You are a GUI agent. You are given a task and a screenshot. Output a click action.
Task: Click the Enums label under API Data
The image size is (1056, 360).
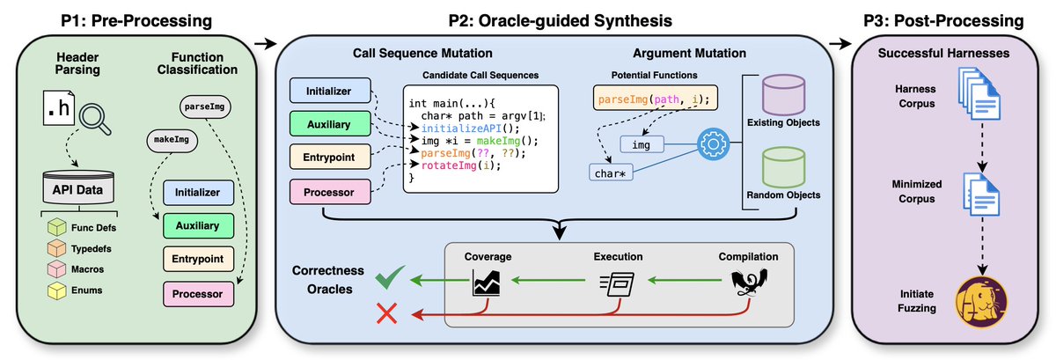coord(86,289)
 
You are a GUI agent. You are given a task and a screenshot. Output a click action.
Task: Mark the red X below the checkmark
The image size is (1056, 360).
coord(385,314)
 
